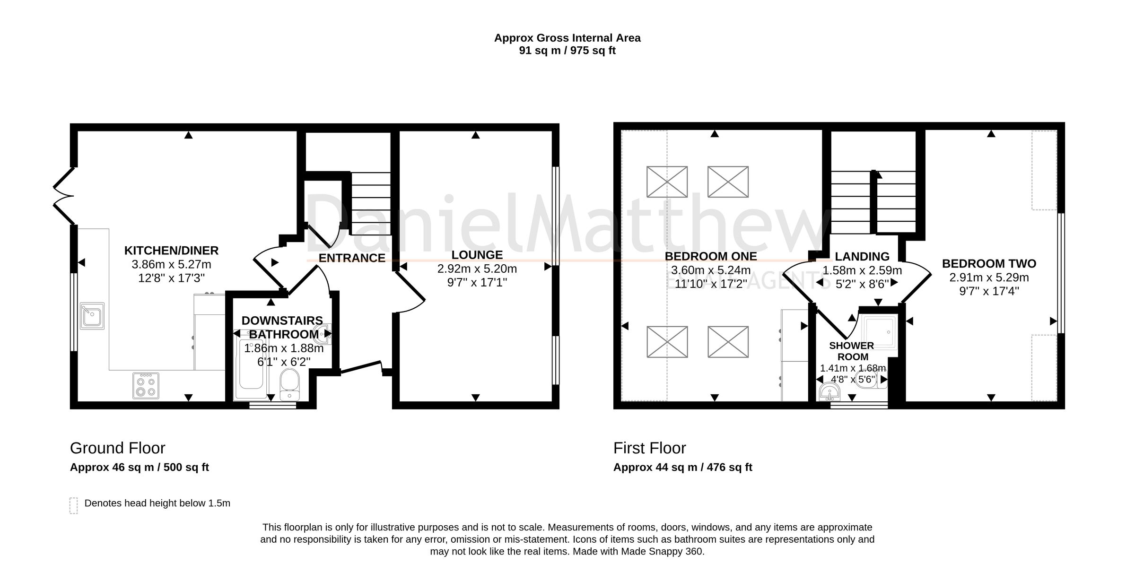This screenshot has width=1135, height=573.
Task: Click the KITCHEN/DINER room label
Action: tap(171, 251)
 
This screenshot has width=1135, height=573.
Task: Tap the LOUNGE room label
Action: tap(477, 255)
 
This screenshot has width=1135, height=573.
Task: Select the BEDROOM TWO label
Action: tap(989, 264)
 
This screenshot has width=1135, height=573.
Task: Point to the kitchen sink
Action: tap(92, 316)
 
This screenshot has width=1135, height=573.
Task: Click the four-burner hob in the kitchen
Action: tap(146, 386)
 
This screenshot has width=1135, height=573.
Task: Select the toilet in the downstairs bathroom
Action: tap(288, 384)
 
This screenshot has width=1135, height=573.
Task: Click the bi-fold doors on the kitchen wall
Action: tap(63, 196)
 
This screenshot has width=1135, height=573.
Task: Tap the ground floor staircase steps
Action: tap(370, 203)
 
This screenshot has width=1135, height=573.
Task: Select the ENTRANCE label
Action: tap(352, 258)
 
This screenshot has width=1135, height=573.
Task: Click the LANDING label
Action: tap(862, 257)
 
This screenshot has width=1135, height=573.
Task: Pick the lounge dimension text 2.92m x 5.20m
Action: tap(477, 269)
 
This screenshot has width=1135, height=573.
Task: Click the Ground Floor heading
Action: tap(117, 448)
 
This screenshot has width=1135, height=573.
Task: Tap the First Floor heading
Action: tap(649, 448)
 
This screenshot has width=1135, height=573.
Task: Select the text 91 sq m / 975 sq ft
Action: tap(567, 51)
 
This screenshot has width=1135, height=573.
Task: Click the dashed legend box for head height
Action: tap(73, 505)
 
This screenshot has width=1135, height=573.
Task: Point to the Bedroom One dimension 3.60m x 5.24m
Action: tap(710, 270)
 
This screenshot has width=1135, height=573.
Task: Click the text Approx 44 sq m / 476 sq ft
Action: tap(682, 468)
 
